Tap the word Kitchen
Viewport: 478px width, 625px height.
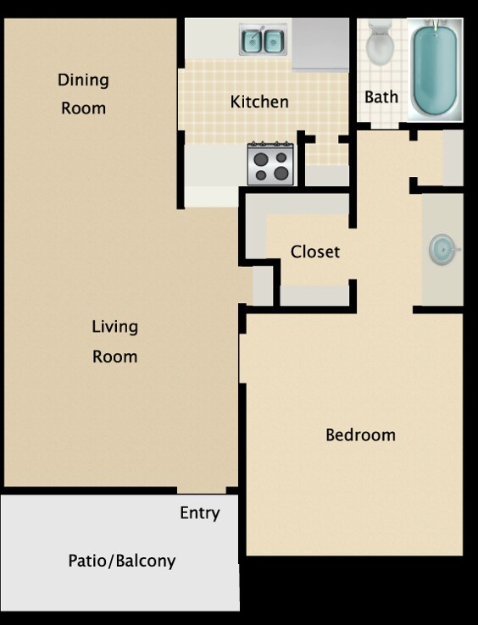[259, 102]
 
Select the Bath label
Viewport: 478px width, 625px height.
[381, 97]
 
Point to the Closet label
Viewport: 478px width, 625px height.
[314, 252]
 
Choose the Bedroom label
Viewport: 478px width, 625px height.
[360, 435]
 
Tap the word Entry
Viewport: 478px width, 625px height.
[199, 513]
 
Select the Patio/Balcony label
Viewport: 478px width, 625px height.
[121, 561]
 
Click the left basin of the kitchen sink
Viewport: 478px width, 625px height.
[253, 40]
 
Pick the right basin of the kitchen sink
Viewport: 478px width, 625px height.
[274, 40]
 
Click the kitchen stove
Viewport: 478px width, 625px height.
[270, 164]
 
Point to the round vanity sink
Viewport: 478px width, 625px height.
[442, 249]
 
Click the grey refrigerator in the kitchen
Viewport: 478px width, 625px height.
[320, 44]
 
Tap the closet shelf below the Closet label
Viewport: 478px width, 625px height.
[314, 296]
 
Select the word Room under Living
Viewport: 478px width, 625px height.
[114, 357]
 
